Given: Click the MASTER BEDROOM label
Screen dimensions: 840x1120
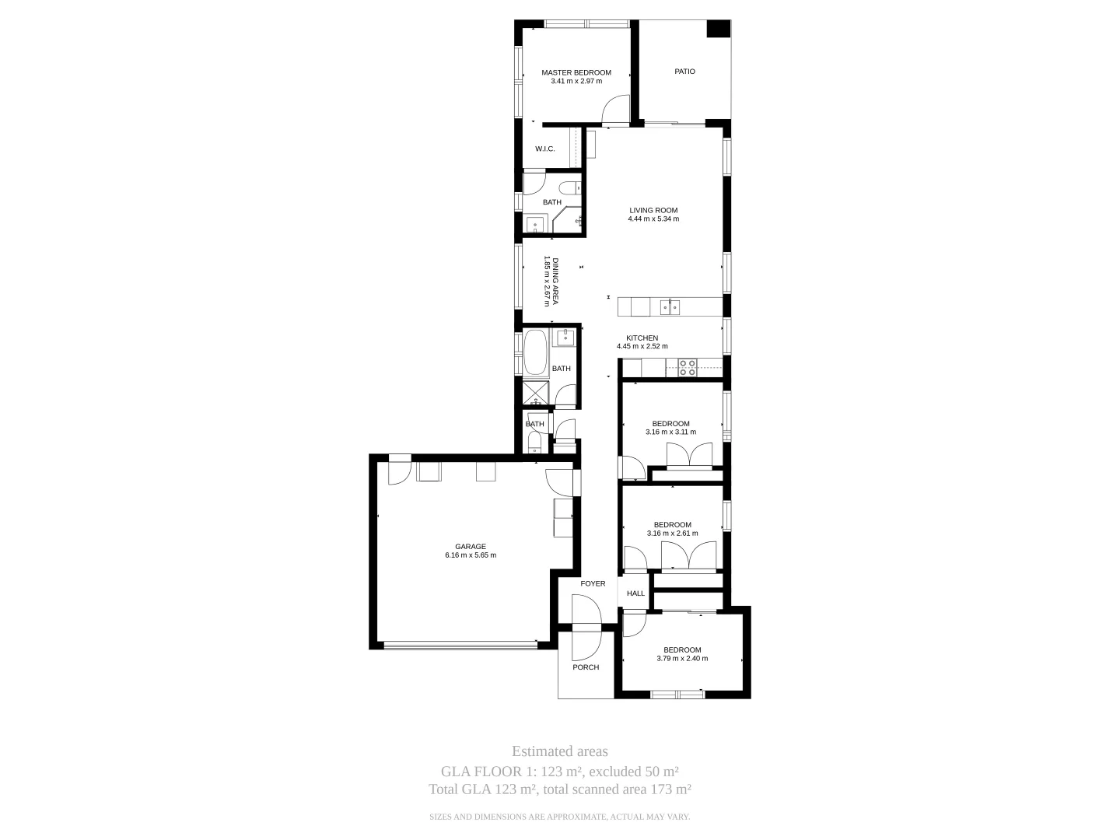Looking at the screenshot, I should [576, 72].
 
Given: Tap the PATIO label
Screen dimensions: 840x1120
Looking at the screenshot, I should [684, 72].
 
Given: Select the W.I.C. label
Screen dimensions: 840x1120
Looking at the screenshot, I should [544, 149].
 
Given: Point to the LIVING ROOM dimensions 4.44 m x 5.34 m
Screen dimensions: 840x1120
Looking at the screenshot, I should [653, 219].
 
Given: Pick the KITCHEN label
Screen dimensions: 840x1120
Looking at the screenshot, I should [642, 338].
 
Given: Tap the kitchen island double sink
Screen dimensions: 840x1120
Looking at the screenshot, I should [670, 307].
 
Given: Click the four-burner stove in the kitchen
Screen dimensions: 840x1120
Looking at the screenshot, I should [687, 367].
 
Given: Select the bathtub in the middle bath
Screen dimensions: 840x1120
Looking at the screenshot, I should [535, 355].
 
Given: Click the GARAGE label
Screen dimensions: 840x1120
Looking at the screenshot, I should [470, 547].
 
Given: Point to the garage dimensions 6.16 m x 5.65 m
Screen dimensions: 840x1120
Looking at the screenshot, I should [470, 555].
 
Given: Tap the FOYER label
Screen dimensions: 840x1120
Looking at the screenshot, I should [593, 583].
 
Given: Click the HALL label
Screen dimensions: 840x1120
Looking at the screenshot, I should [635, 593].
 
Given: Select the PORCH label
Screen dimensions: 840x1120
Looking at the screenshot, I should [586, 667].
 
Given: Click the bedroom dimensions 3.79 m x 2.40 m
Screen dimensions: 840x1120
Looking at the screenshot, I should [681, 659].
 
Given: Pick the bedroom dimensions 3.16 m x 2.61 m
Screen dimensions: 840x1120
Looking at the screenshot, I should [672, 534].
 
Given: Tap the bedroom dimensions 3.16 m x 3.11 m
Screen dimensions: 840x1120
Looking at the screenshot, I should [670, 432].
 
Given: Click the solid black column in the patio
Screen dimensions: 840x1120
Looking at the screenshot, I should [718, 29].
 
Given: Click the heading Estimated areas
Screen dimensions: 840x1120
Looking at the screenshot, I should [559, 751].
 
